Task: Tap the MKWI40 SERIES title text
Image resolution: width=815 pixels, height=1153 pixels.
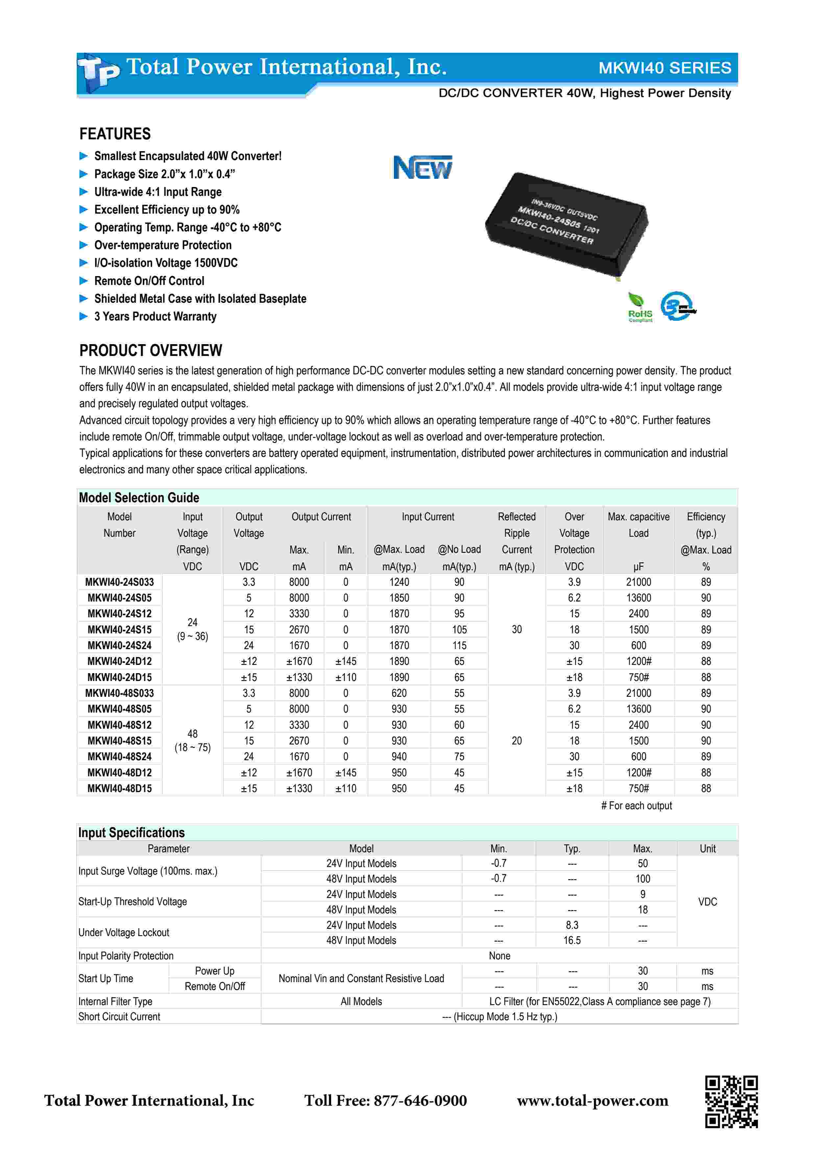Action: pyautogui.click(x=664, y=68)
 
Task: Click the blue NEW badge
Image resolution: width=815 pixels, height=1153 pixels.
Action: pyautogui.click(x=422, y=167)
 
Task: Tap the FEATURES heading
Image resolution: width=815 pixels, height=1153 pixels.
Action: pyautogui.click(x=115, y=134)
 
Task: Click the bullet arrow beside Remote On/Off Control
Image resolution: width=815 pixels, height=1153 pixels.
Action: pyautogui.click(x=84, y=281)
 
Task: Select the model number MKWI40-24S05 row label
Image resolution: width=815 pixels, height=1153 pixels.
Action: pyautogui.click(x=120, y=598)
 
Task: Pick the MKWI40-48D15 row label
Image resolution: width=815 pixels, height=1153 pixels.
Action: pyautogui.click(x=120, y=788)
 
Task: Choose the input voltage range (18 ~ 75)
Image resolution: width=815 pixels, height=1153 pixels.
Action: pyautogui.click(x=192, y=747)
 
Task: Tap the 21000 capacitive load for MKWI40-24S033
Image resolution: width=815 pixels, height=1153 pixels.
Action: pyautogui.click(x=638, y=582)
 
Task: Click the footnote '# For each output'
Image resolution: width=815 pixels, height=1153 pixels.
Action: pyautogui.click(x=636, y=806)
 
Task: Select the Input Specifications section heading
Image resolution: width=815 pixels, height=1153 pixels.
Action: pyautogui.click(x=132, y=833)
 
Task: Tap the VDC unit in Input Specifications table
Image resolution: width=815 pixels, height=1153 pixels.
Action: pyautogui.click(x=707, y=902)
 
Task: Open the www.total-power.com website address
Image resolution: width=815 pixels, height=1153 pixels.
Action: pyautogui.click(x=592, y=1101)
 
